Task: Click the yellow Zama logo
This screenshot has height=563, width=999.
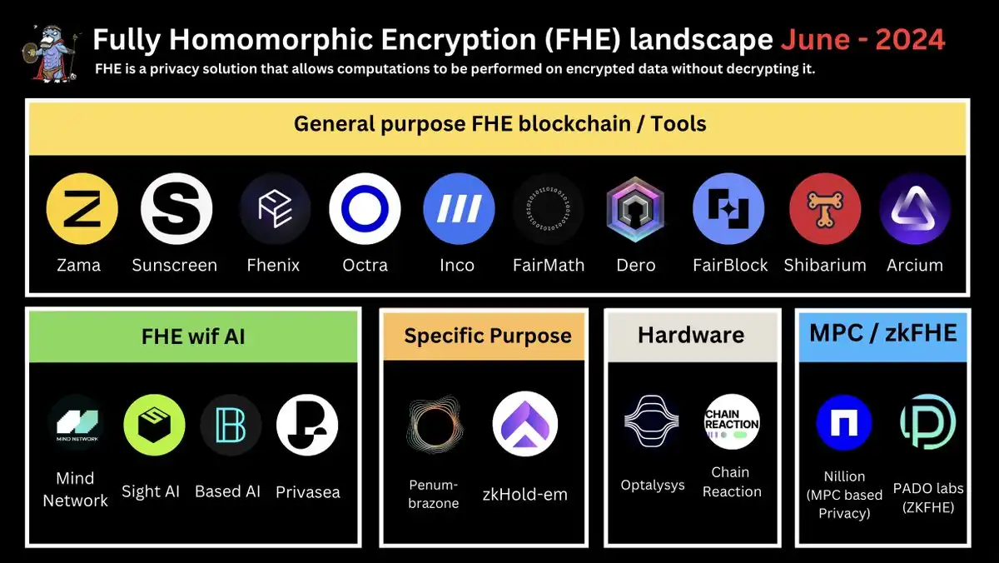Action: (82, 209)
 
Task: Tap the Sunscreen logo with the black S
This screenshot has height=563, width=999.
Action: (176, 209)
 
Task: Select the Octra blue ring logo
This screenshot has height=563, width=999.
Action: (365, 209)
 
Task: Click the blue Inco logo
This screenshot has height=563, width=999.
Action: (459, 209)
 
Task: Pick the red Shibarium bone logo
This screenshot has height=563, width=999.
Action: (825, 209)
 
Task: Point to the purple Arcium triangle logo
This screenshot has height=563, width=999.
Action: (915, 209)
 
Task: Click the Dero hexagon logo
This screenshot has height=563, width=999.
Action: (635, 209)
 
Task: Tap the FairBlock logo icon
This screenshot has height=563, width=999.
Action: (728, 209)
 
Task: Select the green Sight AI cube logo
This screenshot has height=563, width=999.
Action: (154, 425)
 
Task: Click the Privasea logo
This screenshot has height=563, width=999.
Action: (307, 425)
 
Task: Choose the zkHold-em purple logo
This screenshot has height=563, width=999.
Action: (525, 424)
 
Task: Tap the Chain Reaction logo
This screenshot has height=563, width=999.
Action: (732, 422)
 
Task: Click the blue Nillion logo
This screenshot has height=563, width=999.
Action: (844, 422)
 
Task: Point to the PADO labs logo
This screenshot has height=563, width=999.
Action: (928, 421)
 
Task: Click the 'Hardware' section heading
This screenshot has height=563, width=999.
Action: (691, 335)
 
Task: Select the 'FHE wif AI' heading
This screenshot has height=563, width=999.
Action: (193, 336)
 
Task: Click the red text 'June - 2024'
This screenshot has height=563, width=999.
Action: (863, 39)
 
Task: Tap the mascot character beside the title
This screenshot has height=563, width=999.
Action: (51, 53)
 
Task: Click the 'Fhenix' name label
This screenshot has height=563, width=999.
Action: (273, 266)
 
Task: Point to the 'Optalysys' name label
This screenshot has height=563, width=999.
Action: (653, 485)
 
